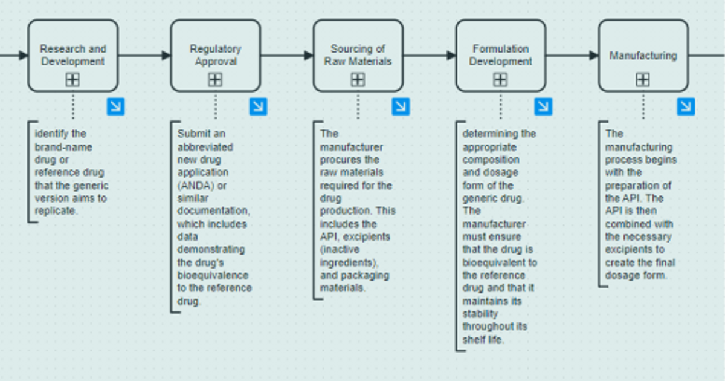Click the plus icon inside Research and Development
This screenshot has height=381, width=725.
click(72, 80)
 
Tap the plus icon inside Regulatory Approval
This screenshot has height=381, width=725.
click(215, 80)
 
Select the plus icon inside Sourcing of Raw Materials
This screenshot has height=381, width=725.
click(358, 80)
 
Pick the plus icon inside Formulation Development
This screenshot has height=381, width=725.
click(500, 80)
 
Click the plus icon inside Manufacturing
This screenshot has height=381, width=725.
click(643, 80)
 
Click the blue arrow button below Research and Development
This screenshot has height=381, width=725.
click(115, 106)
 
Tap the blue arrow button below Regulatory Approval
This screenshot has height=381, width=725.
click(258, 106)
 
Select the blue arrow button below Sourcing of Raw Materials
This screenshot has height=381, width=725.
click(401, 106)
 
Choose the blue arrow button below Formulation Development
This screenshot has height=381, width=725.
click(543, 106)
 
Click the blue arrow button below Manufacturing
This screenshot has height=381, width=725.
click(686, 106)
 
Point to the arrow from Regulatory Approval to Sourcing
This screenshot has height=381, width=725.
click(287, 56)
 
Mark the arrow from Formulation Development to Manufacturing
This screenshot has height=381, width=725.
click(572, 56)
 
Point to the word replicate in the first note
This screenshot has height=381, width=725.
click(56, 211)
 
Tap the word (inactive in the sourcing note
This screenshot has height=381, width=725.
click(340, 249)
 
